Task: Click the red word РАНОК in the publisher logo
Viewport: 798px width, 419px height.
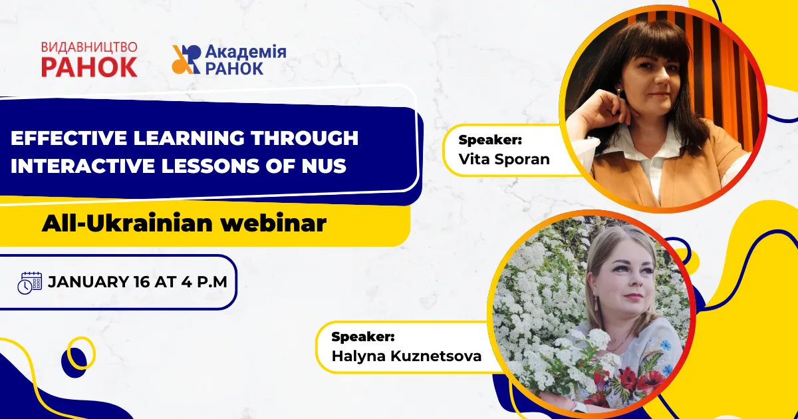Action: pyautogui.click(x=89, y=67)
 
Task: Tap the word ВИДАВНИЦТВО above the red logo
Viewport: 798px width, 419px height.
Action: pyautogui.click(x=89, y=47)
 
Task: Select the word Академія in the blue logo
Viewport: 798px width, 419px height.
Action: pyautogui.click(x=246, y=52)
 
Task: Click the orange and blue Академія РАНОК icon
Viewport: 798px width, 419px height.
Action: pyautogui.click(x=186, y=59)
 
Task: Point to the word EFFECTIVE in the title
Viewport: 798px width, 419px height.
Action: pyautogui.click(x=68, y=138)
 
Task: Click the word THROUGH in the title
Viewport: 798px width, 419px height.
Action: pyautogui.click(x=305, y=138)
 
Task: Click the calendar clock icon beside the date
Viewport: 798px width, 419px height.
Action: pyautogui.click(x=29, y=283)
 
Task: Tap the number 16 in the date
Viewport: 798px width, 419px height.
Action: pyautogui.click(x=142, y=282)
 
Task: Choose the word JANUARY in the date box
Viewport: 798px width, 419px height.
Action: pyautogui.click(x=88, y=282)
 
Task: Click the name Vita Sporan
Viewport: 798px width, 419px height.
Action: pyautogui.click(x=504, y=159)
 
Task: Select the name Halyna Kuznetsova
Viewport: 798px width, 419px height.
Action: pyautogui.click(x=406, y=356)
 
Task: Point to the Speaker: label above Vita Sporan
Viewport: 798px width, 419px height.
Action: pyautogui.click(x=490, y=140)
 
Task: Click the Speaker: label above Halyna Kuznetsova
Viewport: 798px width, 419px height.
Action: pyautogui.click(x=363, y=337)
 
